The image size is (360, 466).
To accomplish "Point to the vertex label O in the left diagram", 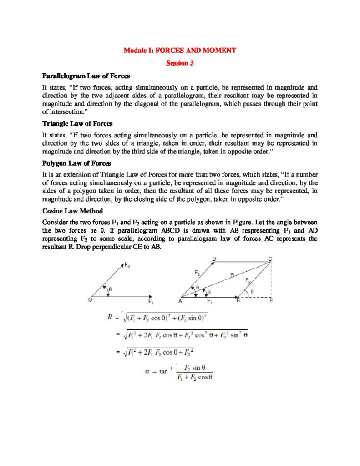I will pyautogui.click(x=91, y=299).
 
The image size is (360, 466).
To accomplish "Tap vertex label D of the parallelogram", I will pyautogui.click(x=214, y=258).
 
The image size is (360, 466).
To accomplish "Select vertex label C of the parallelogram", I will pyautogui.click(x=270, y=259).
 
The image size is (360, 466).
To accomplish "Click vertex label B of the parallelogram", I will pyautogui.click(x=238, y=301).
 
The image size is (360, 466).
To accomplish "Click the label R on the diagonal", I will pyautogui.click(x=232, y=275).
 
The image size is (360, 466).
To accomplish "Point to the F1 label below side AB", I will pyautogui.click(x=209, y=301).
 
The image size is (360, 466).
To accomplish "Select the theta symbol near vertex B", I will pyautogui.click(x=253, y=289).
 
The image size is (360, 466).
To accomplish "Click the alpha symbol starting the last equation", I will pyautogui.click(x=147, y=371).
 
